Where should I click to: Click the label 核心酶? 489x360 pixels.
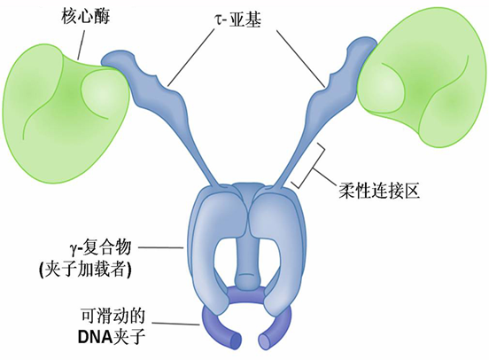click(x=85, y=16)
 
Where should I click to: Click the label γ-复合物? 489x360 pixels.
click(x=99, y=248)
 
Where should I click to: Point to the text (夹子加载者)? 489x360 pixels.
click(x=85, y=270)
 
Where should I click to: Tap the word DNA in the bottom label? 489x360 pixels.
click(x=95, y=337)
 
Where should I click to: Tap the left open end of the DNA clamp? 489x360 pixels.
click(x=237, y=341)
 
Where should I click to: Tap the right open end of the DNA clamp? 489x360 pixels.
click(x=264, y=341)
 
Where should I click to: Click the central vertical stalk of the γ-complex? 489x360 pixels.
click(x=247, y=250)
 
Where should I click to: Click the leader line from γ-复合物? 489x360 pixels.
click(x=160, y=247)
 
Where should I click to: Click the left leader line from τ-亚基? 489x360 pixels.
click(x=190, y=57)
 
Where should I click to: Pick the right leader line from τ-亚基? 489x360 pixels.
click(x=301, y=58)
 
